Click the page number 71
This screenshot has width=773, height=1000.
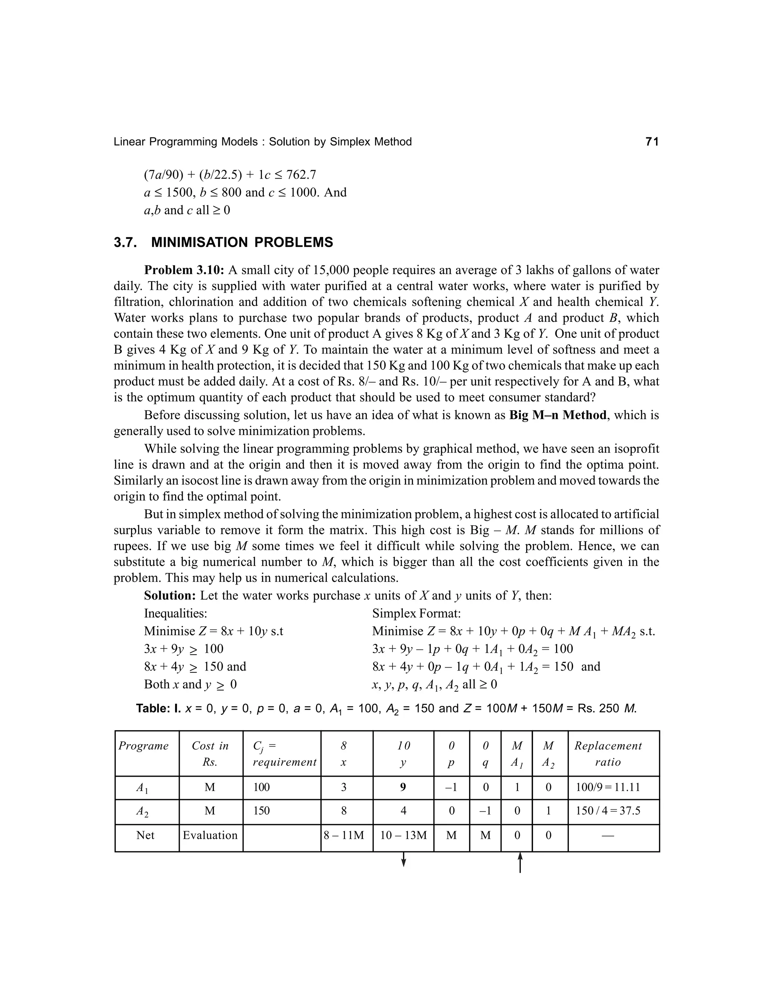coord(651,142)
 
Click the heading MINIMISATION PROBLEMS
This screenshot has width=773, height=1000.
coord(242,243)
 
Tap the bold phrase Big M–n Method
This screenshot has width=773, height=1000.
coord(557,415)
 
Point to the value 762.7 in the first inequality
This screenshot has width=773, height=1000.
coord(301,175)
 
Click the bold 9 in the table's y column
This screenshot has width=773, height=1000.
coord(403,787)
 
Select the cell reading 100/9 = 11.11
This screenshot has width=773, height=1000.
coord(608,788)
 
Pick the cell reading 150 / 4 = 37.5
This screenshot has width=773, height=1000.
coord(608,811)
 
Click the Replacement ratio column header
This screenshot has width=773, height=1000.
coord(608,754)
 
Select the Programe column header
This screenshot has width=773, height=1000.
coord(143,746)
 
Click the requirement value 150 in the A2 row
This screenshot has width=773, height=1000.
coord(262,811)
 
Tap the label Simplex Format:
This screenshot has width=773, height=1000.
coord(416,614)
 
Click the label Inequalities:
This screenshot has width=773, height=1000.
coord(176,614)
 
